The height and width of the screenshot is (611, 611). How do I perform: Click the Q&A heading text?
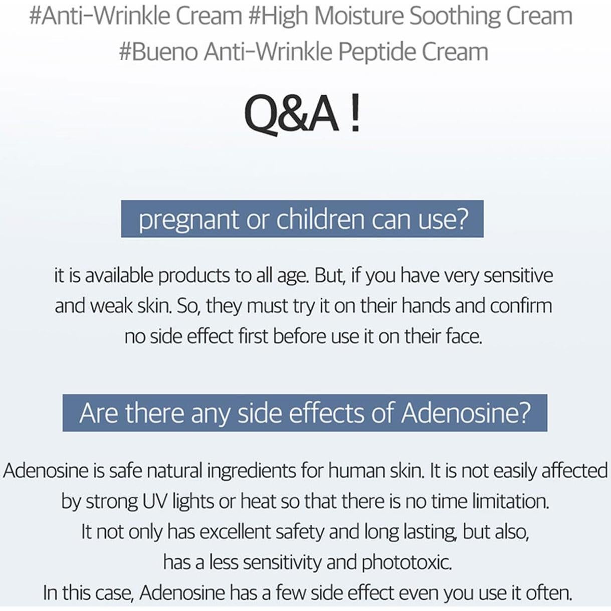pos(291,114)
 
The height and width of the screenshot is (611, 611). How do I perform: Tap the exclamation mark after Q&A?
pos(354,114)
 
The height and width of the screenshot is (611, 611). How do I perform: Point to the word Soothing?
pos(454,16)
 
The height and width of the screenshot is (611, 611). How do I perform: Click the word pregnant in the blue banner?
pos(188,220)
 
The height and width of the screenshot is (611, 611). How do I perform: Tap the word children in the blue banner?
pos(321,219)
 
